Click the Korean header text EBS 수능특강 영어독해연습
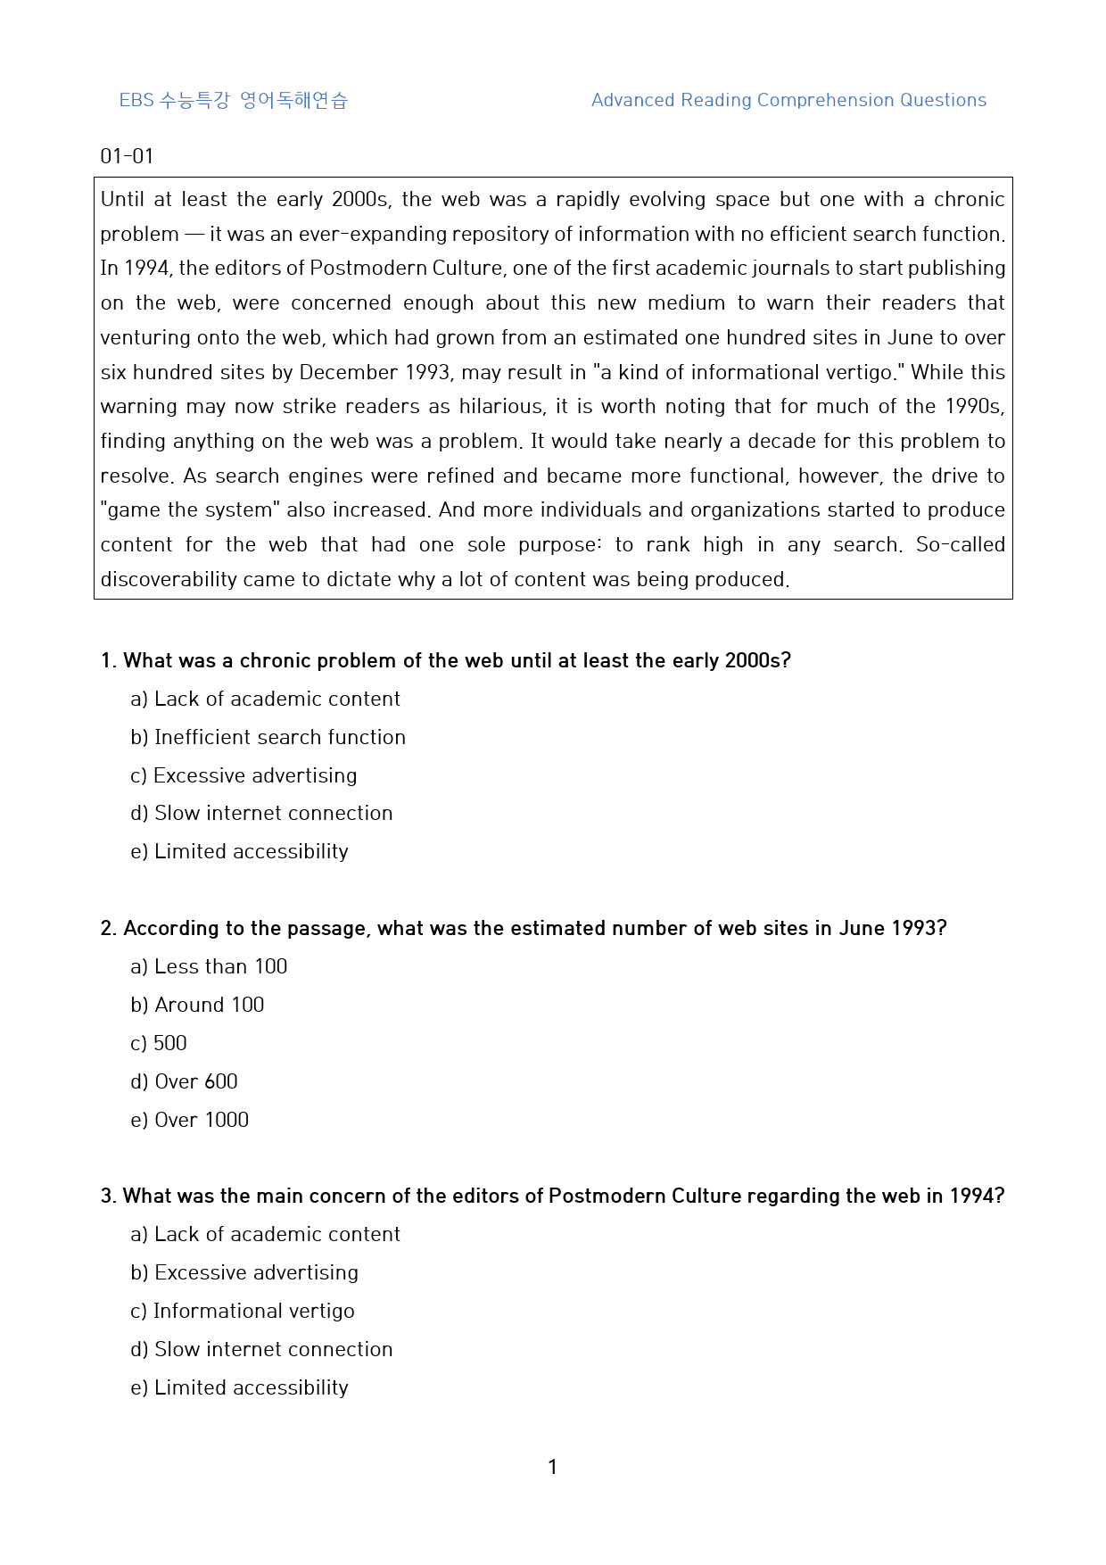[233, 100]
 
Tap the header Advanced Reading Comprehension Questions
[788, 100]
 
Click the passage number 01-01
[127, 156]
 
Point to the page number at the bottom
[552, 1467]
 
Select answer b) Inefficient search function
[268, 737]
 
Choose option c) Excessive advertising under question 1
[243, 775]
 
